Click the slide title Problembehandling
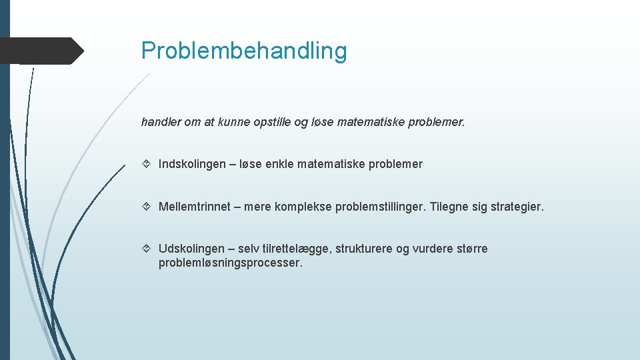pos(244,51)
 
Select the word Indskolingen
pos(192,164)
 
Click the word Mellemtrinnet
pos(195,207)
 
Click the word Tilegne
pos(450,207)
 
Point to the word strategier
pos(517,207)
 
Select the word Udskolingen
pos(191,249)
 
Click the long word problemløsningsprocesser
pos(230,263)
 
